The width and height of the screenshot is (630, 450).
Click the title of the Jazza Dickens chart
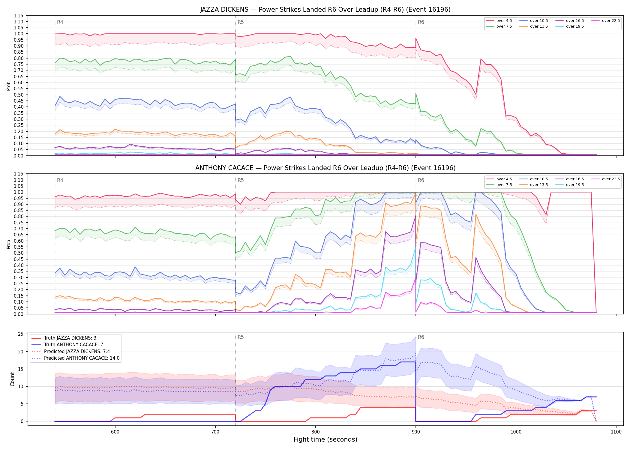325,10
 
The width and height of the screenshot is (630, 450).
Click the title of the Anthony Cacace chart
325,168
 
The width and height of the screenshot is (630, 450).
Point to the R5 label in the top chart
241,22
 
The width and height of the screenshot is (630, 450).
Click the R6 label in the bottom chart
421,337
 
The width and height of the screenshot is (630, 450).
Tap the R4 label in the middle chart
60,180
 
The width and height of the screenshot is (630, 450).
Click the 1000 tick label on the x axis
516,432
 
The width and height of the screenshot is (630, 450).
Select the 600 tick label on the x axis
115,432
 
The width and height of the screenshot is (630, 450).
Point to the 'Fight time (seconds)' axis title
325,439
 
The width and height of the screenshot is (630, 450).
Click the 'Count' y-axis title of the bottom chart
12,379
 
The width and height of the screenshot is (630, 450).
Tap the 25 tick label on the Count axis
20,334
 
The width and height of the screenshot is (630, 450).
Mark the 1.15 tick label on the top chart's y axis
18,16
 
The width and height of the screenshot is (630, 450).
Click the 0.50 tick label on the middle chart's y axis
18,253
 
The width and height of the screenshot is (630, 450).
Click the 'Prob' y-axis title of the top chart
9,86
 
